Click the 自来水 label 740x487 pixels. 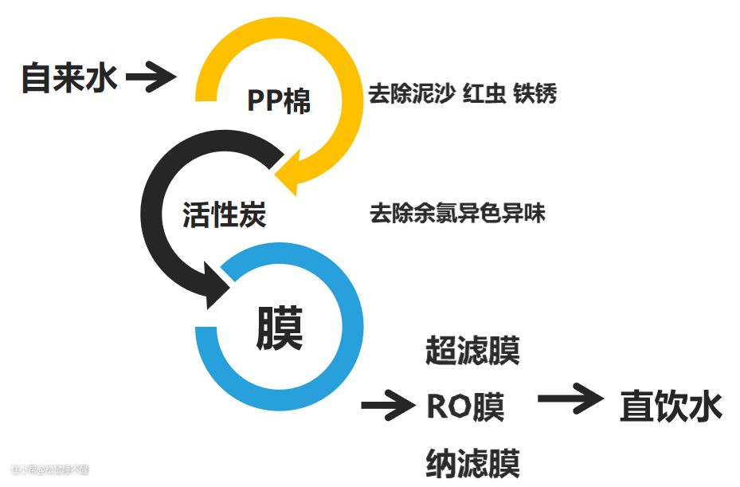click(69, 78)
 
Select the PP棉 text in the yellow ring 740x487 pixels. click(278, 101)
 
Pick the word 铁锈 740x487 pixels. click(534, 94)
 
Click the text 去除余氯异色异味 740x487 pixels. click(457, 214)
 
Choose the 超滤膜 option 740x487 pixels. click(472, 351)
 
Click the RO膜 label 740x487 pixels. click(466, 406)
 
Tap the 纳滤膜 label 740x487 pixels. click(472, 463)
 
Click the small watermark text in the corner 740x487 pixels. click(49, 469)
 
